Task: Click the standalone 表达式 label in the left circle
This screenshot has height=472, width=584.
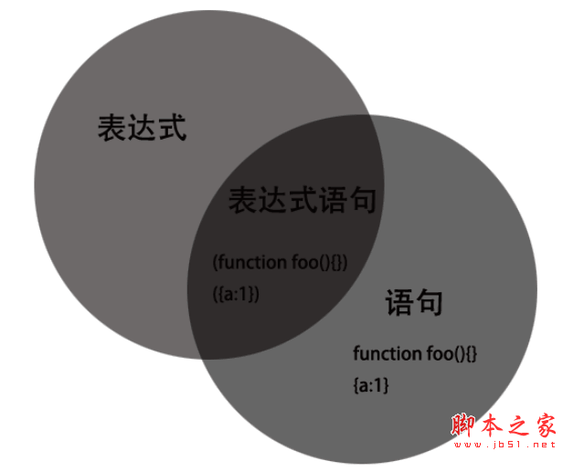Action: click(142, 129)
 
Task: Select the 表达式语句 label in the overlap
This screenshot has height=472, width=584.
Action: click(302, 200)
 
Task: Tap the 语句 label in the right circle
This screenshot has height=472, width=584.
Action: click(414, 303)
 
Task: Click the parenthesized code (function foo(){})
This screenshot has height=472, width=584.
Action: click(280, 263)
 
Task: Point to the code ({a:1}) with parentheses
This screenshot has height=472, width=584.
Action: click(236, 294)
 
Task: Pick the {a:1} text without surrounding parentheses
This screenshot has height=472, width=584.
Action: click(370, 386)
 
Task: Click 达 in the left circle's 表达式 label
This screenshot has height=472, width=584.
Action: click(142, 129)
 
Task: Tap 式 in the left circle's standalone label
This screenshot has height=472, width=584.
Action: click(172, 129)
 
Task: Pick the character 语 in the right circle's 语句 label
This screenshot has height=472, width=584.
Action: click(399, 303)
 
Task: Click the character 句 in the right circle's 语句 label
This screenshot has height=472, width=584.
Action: click(429, 303)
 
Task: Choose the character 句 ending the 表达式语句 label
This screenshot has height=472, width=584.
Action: click(361, 200)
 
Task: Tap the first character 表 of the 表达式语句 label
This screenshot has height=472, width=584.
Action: click(242, 200)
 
